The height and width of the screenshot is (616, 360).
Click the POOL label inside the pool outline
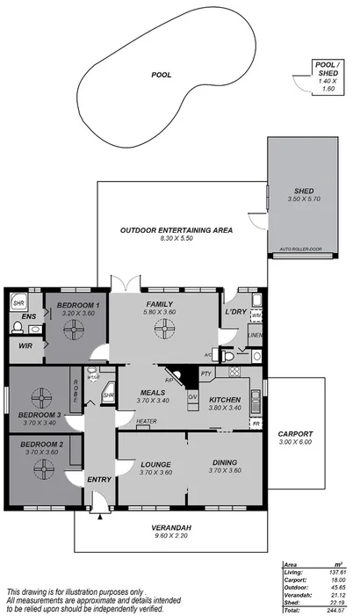coord(161,76)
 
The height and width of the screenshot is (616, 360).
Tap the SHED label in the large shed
coord(303,192)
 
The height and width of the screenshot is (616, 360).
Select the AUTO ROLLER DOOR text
coord(300,250)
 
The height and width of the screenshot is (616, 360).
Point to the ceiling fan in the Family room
coord(163,330)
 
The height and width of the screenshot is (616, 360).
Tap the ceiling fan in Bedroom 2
coord(40,468)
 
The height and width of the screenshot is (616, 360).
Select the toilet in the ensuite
coord(18,328)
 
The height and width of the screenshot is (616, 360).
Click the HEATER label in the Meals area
coord(147,421)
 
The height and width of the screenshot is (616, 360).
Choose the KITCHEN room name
coord(225,399)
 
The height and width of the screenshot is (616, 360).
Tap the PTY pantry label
coord(206,373)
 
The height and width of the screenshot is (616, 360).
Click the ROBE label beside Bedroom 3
coord(76,388)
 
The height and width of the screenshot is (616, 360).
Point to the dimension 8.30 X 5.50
coord(176,239)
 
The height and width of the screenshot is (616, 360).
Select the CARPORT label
coord(293,434)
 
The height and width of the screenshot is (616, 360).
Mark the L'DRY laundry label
coord(234,313)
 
